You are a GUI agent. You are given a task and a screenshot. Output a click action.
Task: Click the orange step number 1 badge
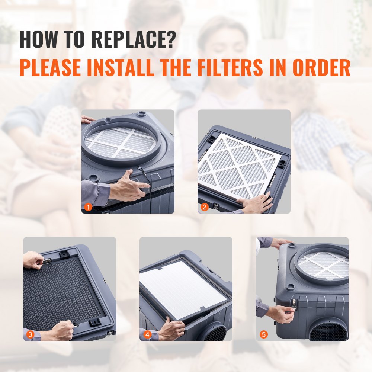(88, 208)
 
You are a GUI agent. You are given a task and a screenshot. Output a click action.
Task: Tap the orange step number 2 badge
(204, 208)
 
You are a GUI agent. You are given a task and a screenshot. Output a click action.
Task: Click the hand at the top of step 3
(33, 259)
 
